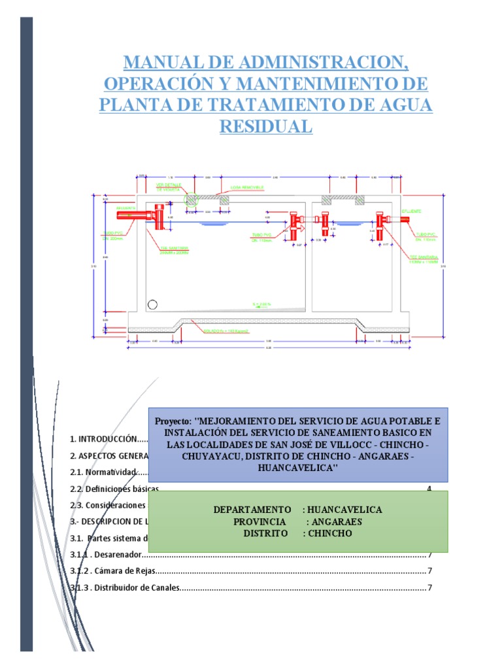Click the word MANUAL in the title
162,63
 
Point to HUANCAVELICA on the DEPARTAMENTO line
346,510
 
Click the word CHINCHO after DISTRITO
328,534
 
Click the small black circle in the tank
153,304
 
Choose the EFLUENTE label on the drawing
411,211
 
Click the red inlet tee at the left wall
159,216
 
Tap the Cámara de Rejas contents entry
121,571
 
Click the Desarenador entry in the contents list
116,555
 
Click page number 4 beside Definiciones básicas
429,489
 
